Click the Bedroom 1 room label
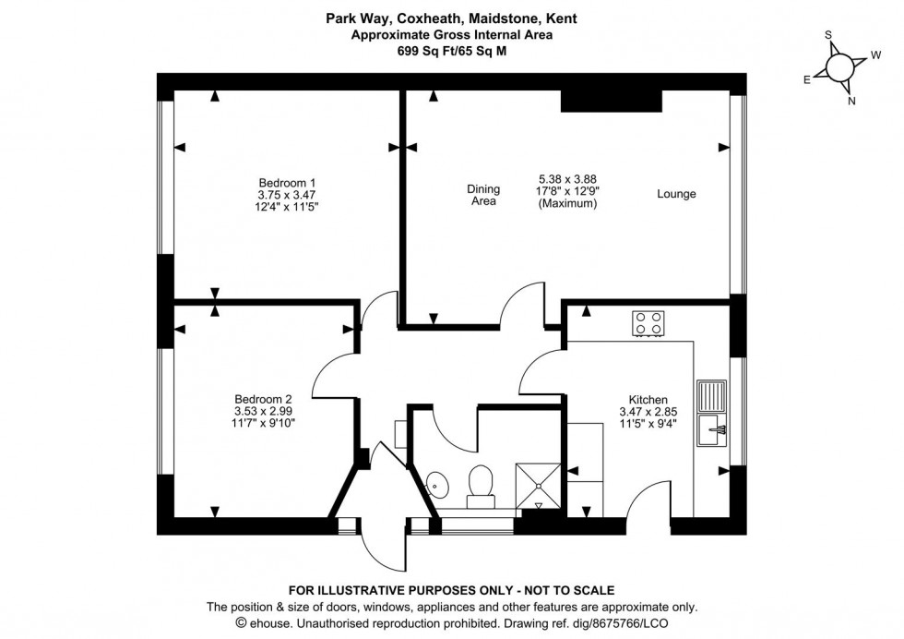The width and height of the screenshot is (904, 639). [286, 182]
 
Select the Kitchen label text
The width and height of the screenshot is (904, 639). [648, 400]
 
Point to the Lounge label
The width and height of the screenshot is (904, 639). [676, 194]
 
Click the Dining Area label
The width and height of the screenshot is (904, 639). [482, 195]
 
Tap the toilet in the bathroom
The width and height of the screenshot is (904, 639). [479, 485]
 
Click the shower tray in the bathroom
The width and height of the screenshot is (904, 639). [539, 485]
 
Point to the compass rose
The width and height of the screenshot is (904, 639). [840, 67]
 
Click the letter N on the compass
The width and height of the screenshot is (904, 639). [851, 102]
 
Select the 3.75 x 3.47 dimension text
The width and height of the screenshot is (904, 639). [286, 195]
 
